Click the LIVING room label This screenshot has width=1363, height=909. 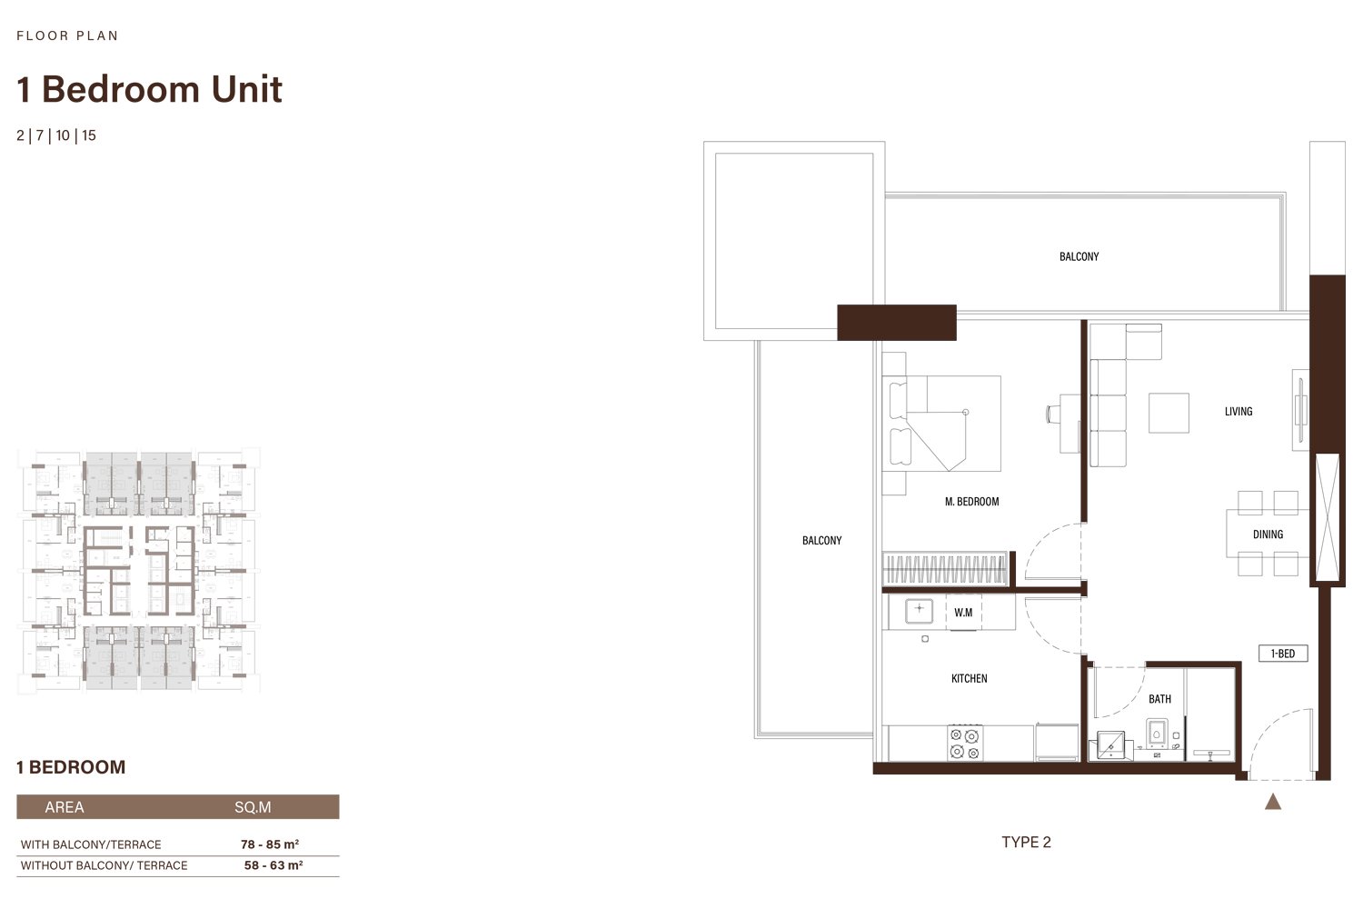click(1239, 412)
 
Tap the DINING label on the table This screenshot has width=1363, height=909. click(1268, 534)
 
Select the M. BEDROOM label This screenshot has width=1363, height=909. click(971, 502)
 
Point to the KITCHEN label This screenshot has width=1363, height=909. click(969, 678)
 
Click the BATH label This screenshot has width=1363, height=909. click(1159, 699)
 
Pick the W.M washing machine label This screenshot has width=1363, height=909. click(962, 613)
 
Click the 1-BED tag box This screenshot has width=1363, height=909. click(1283, 654)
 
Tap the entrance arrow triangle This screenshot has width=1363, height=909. click(1273, 802)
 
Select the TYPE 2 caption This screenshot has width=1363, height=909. click(1026, 842)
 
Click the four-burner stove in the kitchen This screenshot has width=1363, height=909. click(965, 743)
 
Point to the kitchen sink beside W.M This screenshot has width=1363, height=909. click(919, 611)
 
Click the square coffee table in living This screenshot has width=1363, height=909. click(1169, 413)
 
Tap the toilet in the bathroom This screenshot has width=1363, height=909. click(1156, 734)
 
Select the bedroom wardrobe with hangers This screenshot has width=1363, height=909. click(944, 569)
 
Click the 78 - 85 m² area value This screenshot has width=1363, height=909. click(270, 844)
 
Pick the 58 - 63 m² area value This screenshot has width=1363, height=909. click(274, 865)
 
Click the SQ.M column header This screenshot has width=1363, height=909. click(253, 807)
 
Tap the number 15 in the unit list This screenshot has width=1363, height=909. click(89, 135)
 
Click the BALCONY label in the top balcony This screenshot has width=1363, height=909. click(1079, 257)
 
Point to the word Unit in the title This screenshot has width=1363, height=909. click(246, 89)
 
